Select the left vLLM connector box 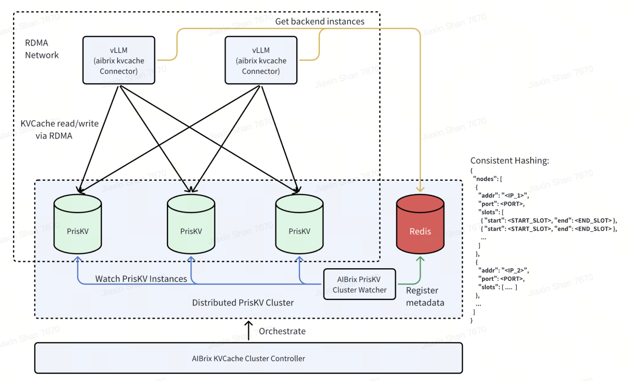119,60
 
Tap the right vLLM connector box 261,60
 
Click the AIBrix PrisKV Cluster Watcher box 359,284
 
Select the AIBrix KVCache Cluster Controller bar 249,358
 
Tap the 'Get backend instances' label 320,21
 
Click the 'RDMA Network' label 41,49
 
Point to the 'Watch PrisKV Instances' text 141,279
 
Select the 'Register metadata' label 425,296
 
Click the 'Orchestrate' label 282,331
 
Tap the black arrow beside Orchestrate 249,330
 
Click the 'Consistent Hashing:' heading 510,160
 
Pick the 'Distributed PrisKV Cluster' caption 243,303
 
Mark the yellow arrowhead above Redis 420,189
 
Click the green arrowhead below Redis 420,259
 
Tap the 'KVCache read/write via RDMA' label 59,130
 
